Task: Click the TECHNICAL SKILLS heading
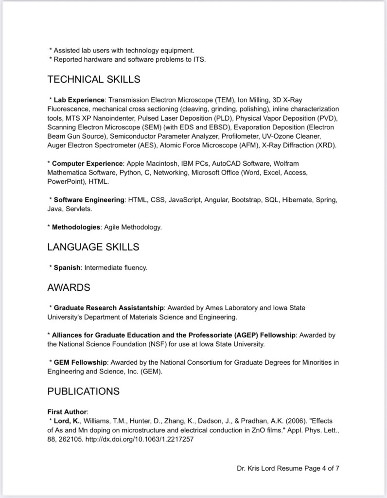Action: pyautogui.click(x=94, y=79)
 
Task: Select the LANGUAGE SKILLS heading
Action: pyautogui.click(x=93, y=247)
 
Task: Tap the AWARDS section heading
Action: pyautogui.click(x=69, y=287)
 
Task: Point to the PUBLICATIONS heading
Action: pyautogui.click(x=83, y=391)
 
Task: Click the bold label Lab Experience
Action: pyautogui.click(x=79, y=100)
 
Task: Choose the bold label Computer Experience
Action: pyautogui.click(x=88, y=163)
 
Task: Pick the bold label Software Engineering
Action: pyautogui.click(x=89, y=200)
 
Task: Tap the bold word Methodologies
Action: pyautogui.click(x=76, y=227)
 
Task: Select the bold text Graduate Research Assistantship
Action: pyautogui.click(x=109, y=308)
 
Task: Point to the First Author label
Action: pyautogui.click(x=66, y=411)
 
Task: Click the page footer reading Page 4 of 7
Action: pyautogui.click(x=288, y=469)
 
